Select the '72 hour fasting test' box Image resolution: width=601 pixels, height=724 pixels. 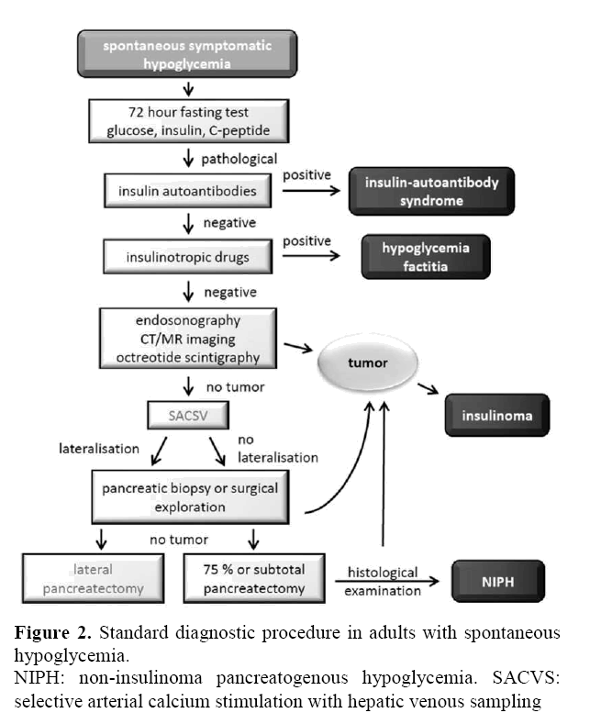pos(190,117)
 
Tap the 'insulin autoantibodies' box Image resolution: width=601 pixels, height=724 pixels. pos(190,192)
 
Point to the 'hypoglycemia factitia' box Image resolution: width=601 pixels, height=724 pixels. pos(425,256)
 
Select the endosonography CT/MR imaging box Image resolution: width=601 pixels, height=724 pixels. pos(190,337)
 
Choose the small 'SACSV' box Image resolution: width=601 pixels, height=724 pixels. pos(190,416)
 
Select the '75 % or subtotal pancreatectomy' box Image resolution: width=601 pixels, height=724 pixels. pos(256,580)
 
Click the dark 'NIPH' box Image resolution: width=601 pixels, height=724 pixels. pos(496,580)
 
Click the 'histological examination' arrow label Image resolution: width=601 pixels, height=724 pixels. pos(383,581)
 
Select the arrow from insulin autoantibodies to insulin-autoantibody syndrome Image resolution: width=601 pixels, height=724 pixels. pos(313,193)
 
